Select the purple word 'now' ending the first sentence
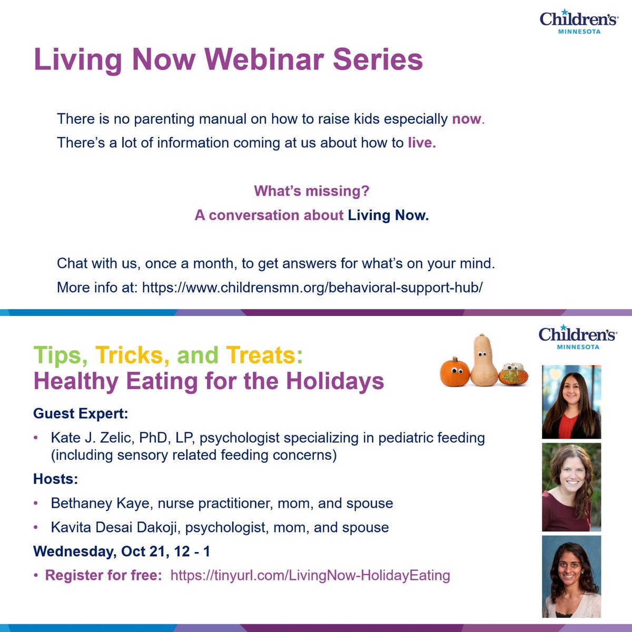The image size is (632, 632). pos(467,118)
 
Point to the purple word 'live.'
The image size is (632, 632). pos(422,143)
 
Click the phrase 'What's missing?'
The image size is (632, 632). pos(312,191)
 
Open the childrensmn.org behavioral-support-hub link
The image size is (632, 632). pos(312,288)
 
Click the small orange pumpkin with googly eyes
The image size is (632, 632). pos(455,372)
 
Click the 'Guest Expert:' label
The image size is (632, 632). pos(81,413)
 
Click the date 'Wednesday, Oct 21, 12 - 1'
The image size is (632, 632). pos(122,551)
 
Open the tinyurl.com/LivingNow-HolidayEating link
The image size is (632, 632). pos(310,575)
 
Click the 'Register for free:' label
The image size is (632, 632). pos(104,575)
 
